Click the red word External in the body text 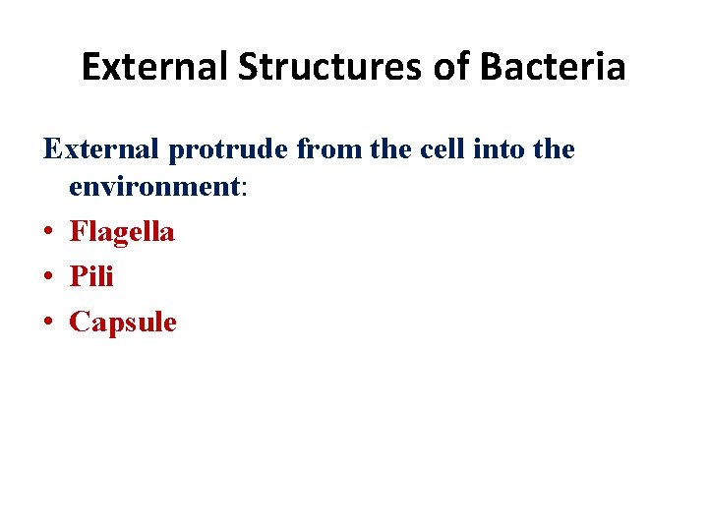[x=101, y=150]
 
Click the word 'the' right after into [x=555, y=150]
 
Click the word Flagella [x=122, y=233]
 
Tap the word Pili [x=91, y=277]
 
